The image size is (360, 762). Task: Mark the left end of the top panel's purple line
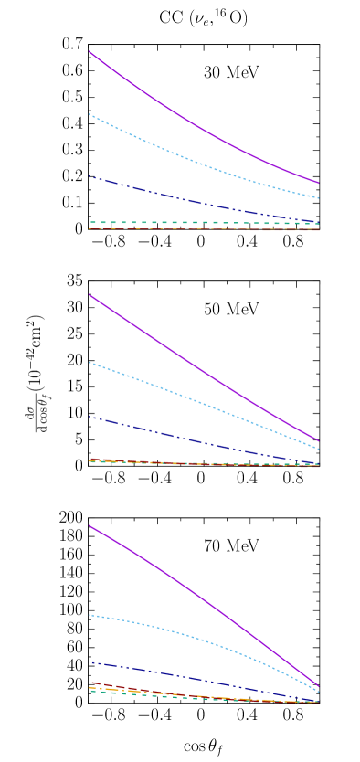(x=90, y=52)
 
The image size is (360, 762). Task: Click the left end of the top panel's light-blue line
(x=90, y=114)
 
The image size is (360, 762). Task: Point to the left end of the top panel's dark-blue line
(x=90, y=176)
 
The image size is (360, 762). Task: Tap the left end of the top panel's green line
(x=90, y=222)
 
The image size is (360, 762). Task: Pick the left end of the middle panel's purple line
(x=90, y=295)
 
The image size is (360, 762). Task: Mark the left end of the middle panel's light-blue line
(x=90, y=363)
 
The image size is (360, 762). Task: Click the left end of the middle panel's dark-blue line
(x=90, y=417)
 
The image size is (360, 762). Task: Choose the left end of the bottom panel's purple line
(x=90, y=525)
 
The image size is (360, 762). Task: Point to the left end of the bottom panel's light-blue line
(x=90, y=615)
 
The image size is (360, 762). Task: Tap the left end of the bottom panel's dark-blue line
(x=90, y=662)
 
